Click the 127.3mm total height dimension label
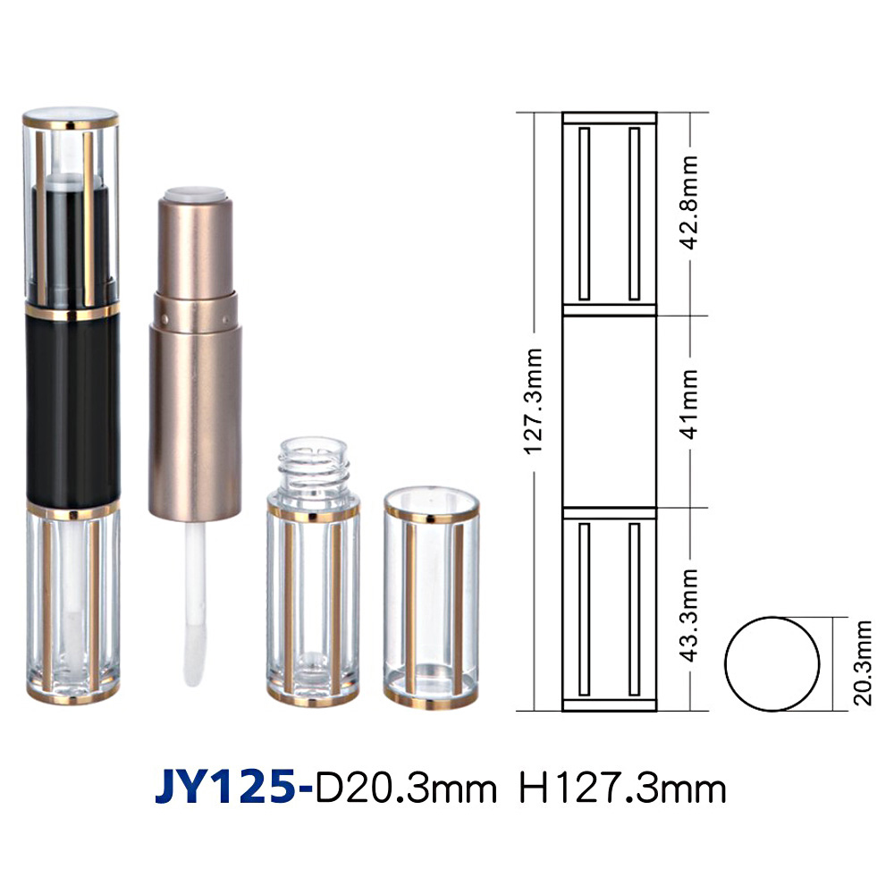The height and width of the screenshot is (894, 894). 534,401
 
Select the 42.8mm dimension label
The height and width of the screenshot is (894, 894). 689,202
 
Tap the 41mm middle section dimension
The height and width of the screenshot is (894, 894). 689,404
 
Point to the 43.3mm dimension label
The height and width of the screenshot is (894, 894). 689,614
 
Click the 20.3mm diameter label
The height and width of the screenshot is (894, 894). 863,663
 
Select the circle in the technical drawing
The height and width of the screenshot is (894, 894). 725,663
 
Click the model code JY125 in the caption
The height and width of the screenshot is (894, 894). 226,788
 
